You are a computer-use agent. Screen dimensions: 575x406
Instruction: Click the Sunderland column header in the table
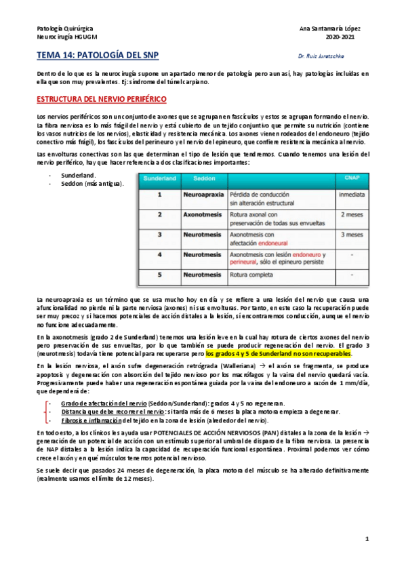click(x=158, y=178)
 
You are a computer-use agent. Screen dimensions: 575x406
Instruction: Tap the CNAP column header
click(x=350, y=178)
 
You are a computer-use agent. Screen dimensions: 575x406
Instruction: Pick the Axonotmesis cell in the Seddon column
click(x=202, y=214)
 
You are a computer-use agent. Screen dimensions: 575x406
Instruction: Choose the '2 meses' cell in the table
click(x=350, y=214)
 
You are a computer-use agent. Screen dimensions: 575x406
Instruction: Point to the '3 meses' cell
click(x=350, y=235)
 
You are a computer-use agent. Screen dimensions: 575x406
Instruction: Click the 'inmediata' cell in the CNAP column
click(x=350, y=194)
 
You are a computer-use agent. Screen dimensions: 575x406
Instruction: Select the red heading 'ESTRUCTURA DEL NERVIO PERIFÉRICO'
click(x=101, y=100)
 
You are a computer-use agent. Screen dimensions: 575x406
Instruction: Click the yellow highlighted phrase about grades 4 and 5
click(x=279, y=354)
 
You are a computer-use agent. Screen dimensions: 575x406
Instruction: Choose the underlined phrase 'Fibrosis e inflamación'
click(x=98, y=420)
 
